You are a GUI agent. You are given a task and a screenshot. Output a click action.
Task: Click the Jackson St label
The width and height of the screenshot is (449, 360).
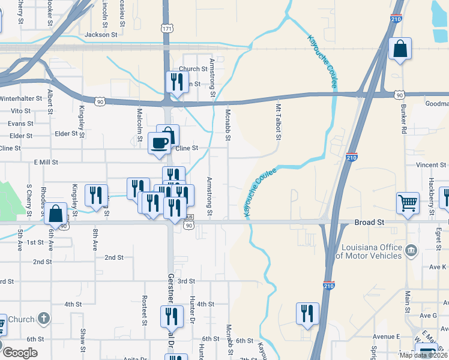[101, 35]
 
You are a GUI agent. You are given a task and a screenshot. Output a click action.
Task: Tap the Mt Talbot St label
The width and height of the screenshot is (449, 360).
[279, 122]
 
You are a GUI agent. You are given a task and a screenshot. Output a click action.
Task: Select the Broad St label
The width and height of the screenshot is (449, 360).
[369, 222]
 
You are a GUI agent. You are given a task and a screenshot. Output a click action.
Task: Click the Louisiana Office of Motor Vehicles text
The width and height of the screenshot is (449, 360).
[372, 251]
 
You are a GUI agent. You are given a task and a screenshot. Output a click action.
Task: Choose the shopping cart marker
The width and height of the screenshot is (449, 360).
[408, 203]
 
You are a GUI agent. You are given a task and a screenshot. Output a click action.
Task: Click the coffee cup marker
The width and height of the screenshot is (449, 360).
[159, 143]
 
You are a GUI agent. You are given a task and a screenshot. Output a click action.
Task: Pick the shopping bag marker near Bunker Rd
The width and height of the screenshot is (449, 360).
[400, 49]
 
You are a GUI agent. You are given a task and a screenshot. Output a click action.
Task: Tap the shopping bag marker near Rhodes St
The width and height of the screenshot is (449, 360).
[56, 214]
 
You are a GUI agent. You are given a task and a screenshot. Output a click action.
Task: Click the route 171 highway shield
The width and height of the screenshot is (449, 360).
[167, 28]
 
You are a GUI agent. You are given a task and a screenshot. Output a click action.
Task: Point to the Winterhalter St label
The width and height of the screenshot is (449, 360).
[22, 98]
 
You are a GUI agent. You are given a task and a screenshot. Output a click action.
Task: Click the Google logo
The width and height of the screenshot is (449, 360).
[20, 353]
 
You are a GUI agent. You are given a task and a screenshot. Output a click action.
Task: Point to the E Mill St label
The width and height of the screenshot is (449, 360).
[46, 162]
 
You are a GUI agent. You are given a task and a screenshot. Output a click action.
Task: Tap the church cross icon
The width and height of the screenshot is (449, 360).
[43, 318]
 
